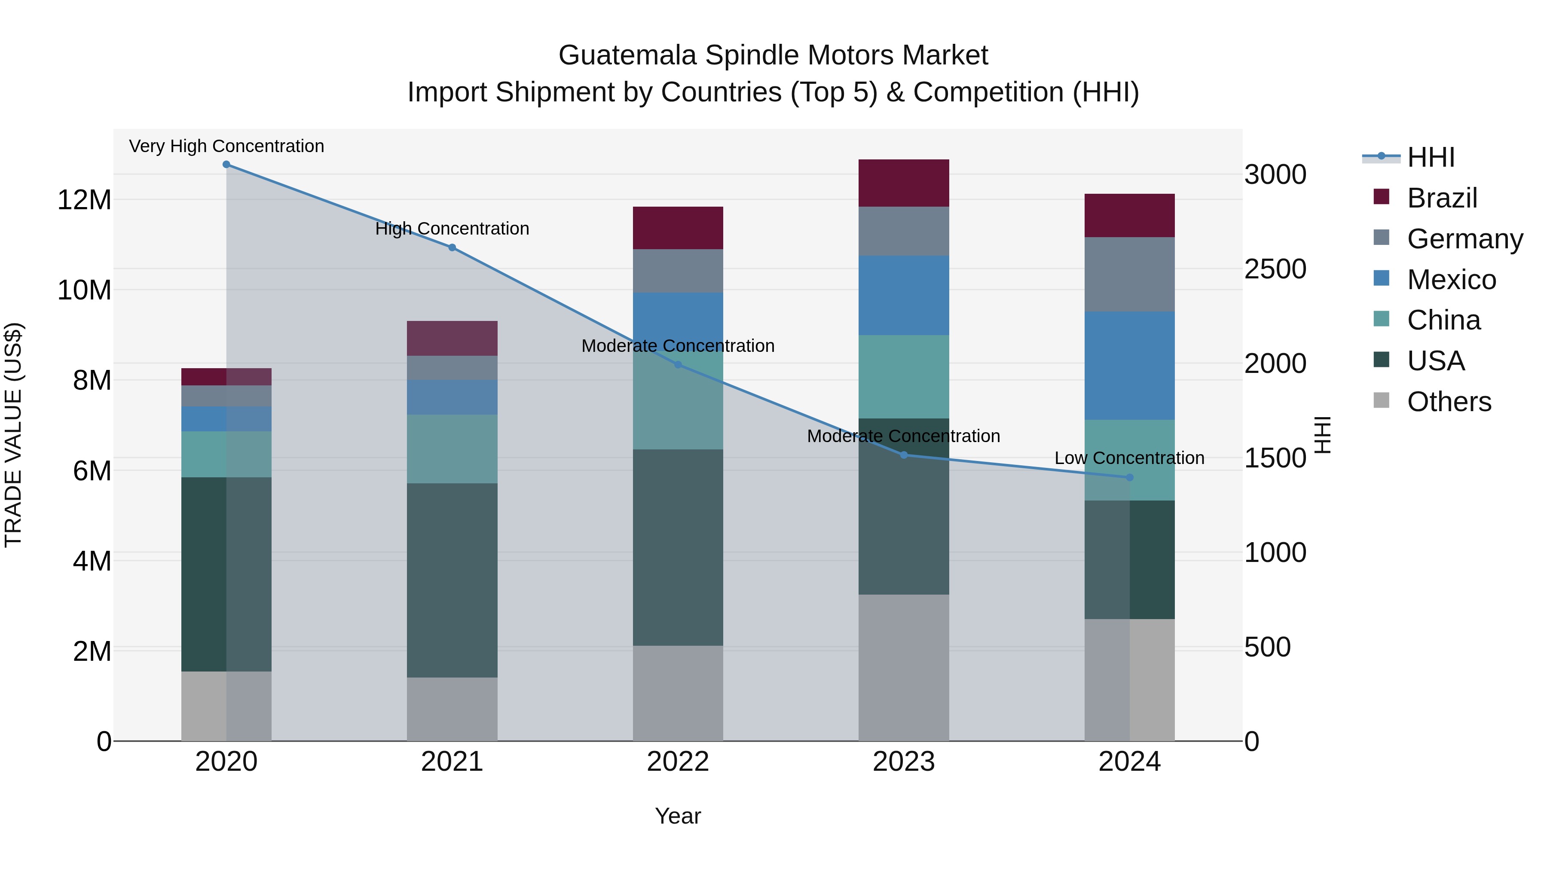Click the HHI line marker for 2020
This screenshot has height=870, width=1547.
pos(226,165)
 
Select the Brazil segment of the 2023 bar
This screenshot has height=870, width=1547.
pos(903,183)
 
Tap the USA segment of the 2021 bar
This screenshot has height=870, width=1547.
pos(452,580)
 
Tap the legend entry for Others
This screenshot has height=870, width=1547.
pos(1449,402)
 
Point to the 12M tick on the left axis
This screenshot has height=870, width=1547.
pos(84,199)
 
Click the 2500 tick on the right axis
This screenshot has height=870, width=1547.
pos(1275,269)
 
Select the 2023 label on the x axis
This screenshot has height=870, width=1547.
pos(903,762)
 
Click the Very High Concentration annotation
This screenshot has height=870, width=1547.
pos(226,146)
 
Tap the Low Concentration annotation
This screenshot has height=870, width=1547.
pos(1129,458)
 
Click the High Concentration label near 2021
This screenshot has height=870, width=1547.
pos(452,229)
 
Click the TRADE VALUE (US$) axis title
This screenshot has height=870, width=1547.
pos(13,435)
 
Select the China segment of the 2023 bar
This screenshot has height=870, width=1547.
pos(903,376)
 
